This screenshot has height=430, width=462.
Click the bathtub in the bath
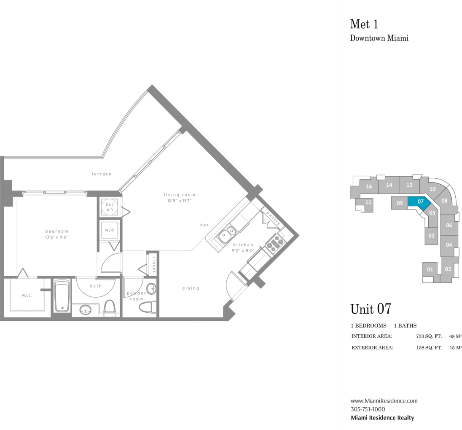[62, 296]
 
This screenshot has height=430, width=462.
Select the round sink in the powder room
[151, 288]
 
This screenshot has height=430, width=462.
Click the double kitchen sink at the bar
[227, 233]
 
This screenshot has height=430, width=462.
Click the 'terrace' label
[101, 174]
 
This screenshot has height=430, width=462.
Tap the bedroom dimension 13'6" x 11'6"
[56, 237]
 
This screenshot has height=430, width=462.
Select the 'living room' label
[180, 195]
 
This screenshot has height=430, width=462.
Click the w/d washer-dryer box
[109, 230]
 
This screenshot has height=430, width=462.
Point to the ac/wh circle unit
[110, 207]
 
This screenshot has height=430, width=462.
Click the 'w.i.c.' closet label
[27, 295]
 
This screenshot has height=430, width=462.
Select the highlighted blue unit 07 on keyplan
[419, 202]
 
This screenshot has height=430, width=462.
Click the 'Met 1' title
[364, 24]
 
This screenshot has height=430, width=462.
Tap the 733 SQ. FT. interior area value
[429, 336]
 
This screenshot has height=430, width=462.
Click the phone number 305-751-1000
[368, 409]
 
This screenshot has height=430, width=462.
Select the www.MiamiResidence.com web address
[384, 401]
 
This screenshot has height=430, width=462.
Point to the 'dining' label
[191, 288]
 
